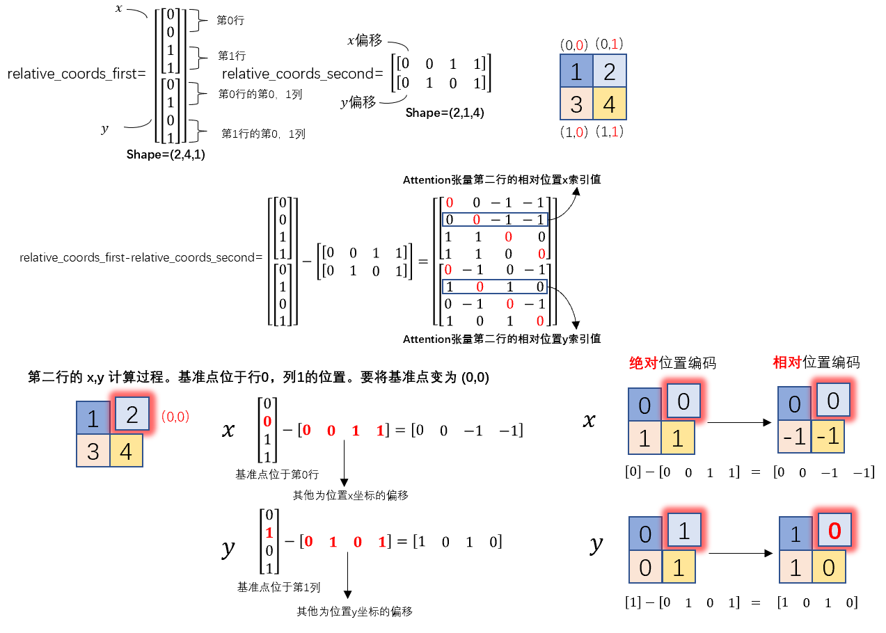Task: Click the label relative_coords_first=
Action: click(77, 74)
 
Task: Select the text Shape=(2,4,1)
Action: click(166, 154)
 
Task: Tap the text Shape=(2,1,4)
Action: click(445, 113)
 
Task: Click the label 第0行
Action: click(230, 20)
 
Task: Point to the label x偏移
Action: click(365, 40)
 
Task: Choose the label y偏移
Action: click(358, 102)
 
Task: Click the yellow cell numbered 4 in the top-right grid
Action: click(610, 104)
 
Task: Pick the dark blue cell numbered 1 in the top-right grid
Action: click(576, 71)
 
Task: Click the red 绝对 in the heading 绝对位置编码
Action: click(643, 362)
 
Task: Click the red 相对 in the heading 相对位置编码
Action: click(787, 362)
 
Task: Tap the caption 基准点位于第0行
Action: click(277, 474)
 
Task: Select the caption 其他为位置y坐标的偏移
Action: click(354, 611)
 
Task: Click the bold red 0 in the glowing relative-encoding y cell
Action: click(834, 531)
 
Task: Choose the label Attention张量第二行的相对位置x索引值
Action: click(502, 180)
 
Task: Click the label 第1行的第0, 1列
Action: click(263, 134)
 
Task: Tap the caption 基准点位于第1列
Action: click(278, 587)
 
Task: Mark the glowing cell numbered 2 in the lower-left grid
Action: click(132, 414)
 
